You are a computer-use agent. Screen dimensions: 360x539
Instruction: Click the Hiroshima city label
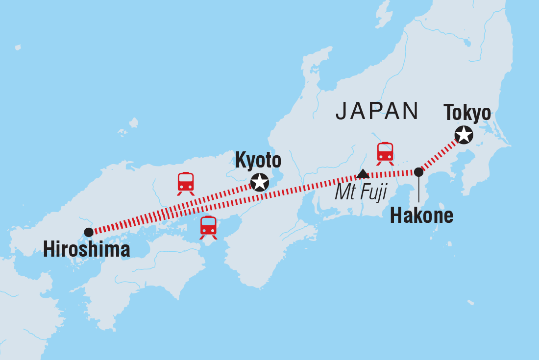[x=86, y=250]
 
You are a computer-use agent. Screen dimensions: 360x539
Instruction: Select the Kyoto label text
[x=258, y=161]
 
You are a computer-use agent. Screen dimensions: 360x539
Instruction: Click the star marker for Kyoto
[x=259, y=182]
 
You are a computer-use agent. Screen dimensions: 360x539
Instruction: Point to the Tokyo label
[x=466, y=113]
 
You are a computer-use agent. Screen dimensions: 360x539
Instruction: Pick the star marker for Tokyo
[x=464, y=134]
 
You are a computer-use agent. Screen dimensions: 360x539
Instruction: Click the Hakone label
[x=421, y=216]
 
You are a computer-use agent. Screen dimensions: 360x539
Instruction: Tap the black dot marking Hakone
[x=418, y=172]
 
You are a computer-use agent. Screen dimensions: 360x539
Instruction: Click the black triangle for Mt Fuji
[x=363, y=173]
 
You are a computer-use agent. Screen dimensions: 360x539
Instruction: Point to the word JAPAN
[x=377, y=111]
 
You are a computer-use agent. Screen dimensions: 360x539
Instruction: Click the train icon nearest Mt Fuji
[x=385, y=153]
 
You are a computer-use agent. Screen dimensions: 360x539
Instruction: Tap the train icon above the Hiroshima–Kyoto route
[x=186, y=183]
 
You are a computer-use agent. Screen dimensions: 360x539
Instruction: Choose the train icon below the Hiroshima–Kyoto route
[x=208, y=227]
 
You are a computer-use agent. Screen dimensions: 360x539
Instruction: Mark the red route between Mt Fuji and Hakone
[x=392, y=173]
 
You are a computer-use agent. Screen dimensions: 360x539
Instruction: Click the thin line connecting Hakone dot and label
[x=418, y=191]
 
